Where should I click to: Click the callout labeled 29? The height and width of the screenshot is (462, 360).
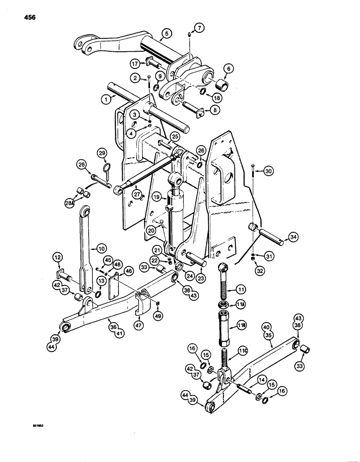pos(102,153)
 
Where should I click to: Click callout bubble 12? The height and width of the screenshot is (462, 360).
pos(58,256)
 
